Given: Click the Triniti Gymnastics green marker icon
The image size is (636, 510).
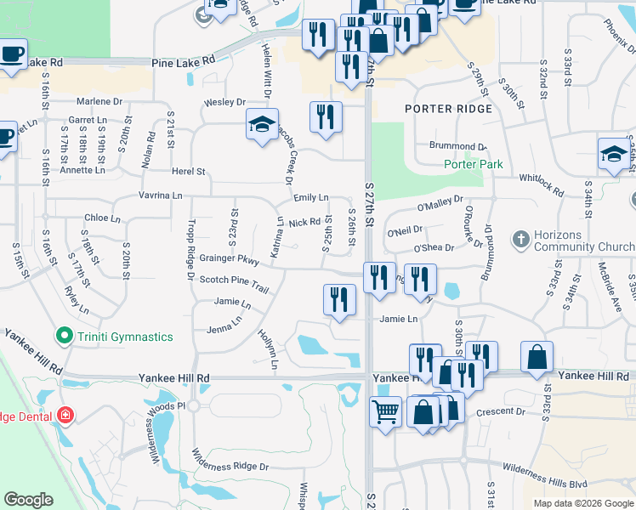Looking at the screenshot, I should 60,337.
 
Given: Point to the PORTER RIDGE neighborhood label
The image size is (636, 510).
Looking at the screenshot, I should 448,109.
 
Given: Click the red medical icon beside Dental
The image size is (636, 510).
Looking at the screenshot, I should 65,416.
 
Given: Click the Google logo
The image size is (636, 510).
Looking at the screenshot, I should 29,499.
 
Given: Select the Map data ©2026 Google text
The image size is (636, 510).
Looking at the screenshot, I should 583,503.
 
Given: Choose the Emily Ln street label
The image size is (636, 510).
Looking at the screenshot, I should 310,198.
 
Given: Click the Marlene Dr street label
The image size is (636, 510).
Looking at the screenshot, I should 99,101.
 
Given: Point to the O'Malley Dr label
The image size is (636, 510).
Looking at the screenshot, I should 440,204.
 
